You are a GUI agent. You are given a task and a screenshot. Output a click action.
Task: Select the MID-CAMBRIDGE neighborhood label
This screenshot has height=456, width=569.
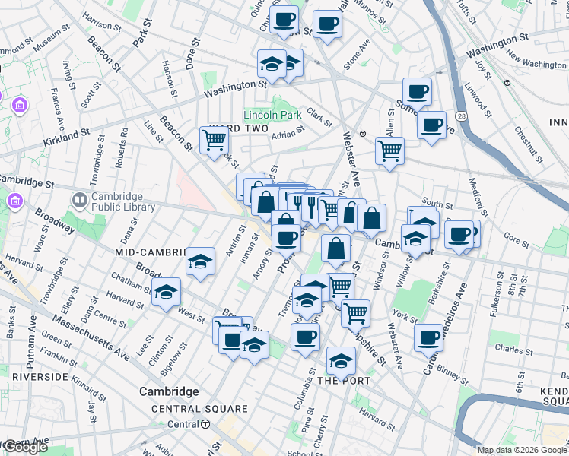(x=151, y=252)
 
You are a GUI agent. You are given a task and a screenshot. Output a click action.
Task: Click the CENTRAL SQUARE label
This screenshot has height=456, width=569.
(x=199, y=409)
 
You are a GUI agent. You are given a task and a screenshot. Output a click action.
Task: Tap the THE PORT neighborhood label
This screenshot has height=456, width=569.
(x=344, y=380)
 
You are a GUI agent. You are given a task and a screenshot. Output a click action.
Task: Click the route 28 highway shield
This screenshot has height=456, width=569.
(x=461, y=115)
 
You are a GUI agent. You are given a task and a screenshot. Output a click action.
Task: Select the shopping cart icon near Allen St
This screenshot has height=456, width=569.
(x=389, y=150)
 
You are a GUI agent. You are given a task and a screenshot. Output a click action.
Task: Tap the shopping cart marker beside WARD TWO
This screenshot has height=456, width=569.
(x=215, y=139)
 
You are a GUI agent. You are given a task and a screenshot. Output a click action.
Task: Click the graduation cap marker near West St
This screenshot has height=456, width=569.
(x=166, y=292)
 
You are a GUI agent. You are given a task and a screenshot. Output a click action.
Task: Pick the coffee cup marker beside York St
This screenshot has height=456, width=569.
(x=429, y=336)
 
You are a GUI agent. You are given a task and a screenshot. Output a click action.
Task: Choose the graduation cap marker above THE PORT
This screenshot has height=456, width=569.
(x=341, y=359)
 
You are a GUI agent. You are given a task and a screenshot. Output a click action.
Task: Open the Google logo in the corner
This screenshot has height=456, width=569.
(x=24, y=447)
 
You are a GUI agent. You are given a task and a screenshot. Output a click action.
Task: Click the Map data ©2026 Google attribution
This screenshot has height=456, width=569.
(x=522, y=450)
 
